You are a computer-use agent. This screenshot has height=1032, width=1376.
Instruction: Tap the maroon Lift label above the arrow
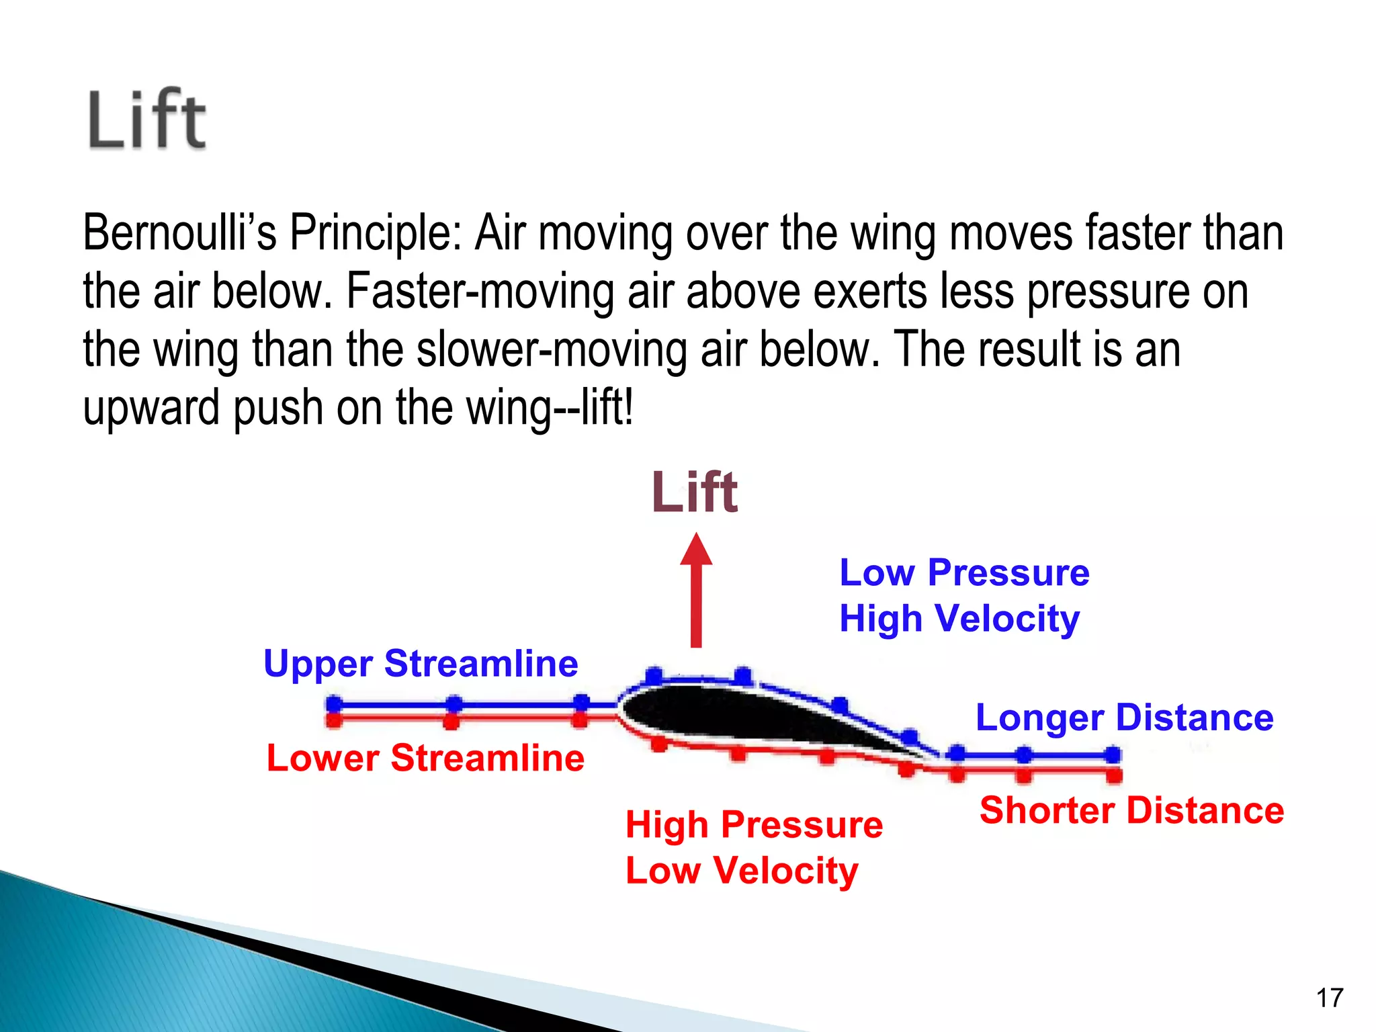point(695,492)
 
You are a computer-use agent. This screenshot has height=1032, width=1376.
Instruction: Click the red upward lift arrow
point(696,591)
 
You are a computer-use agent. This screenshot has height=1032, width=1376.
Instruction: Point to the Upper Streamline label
point(421,664)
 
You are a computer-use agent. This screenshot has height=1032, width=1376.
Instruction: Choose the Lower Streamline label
point(425,758)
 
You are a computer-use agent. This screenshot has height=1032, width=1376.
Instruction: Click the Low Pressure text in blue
point(964,572)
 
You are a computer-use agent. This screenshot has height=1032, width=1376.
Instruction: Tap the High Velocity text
point(959,618)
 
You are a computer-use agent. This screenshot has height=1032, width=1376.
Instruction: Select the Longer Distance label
point(1124,717)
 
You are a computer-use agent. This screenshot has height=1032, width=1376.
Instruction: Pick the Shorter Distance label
point(1131,810)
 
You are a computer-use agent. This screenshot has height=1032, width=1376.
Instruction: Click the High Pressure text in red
point(754,824)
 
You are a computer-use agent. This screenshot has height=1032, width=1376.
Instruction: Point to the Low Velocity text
point(742,871)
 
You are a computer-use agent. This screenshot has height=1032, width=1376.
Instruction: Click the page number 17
point(1330,998)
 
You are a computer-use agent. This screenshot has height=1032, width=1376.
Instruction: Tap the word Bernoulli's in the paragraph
point(179,232)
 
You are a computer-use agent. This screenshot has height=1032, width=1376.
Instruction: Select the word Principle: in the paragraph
point(376,232)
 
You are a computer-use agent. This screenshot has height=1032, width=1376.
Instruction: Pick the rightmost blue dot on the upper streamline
point(1113,755)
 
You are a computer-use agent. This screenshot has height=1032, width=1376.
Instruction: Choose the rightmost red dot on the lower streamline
point(1114,776)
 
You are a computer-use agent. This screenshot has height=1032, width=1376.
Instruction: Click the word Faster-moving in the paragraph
point(480,291)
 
